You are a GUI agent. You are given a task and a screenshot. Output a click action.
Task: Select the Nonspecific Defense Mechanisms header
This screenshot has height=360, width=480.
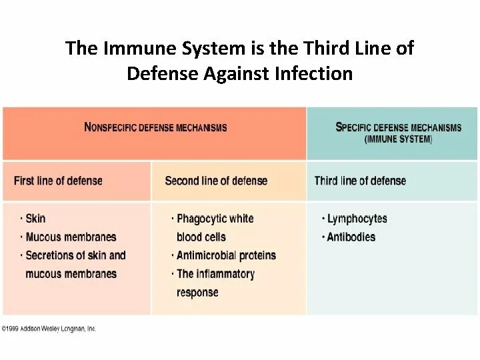pyautogui.click(x=155, y=127)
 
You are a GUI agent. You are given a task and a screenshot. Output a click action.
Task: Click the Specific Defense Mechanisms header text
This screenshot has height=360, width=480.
pyautogui.click(x=399, y=127)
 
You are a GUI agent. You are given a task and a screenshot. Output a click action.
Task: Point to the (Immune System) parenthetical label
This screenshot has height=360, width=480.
pyautogui.click(x=399, y=140)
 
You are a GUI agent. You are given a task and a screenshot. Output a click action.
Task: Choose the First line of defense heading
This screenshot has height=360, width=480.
pyautogui.click(x=58, y=181)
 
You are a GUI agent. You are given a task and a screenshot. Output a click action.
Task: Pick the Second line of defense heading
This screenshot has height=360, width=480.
pyautogui.click(x=216, y=181)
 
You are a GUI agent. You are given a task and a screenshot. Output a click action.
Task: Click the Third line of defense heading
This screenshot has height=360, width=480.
pyautogui.click(x=360, y=181)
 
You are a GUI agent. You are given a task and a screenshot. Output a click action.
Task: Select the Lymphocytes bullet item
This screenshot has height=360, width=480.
pyautogui.click(x=357, y=219)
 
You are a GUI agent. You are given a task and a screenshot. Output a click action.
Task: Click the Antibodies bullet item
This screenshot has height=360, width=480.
pyautogui.click(x=351, y=237)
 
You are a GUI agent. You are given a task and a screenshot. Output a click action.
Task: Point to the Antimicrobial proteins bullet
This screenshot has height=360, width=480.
pyautogui.click(x=225, y=255)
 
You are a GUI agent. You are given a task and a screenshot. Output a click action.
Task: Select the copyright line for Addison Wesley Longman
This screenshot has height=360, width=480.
pyautogui.click(x=50, y=329)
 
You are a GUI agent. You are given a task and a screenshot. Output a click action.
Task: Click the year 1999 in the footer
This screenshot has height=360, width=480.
pyautogui.click(x=13, y=329)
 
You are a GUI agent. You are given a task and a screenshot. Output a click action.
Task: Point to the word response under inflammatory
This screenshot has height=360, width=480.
pyautogui.click(x=197, y=292)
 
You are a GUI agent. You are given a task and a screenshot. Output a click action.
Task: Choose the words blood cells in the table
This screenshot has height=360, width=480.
pyautogui.click(x=201, y=237)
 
